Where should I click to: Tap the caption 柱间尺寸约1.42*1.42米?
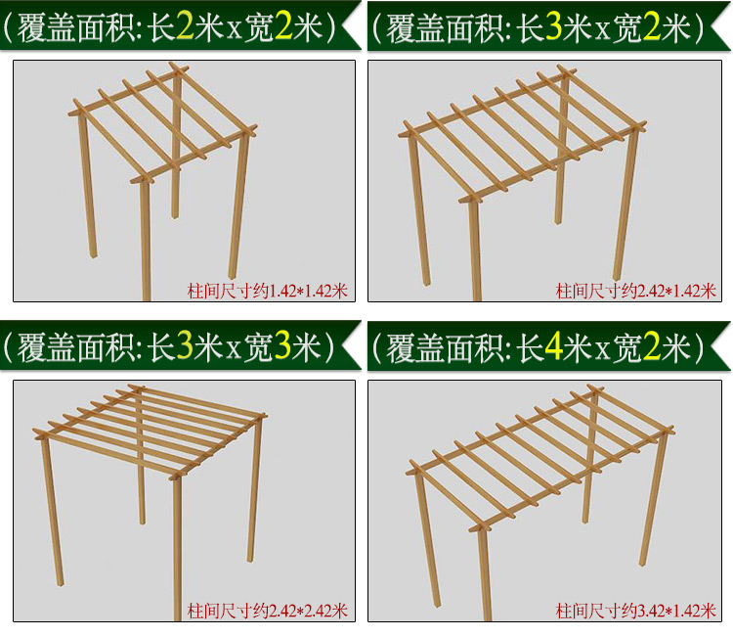[268, 292]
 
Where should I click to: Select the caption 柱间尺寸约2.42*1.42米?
[636, 292]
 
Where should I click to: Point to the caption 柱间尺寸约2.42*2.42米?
[268, 611]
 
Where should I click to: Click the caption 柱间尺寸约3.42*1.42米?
[636, 611]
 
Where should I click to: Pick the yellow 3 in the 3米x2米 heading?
[553, 27]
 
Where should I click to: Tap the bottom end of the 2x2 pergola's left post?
[94, 255]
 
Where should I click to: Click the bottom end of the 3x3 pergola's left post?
[61, 583]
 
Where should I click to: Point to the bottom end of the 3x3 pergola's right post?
[250, 560]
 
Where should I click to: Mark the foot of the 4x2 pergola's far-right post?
[644, 563]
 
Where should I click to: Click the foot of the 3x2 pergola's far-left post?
[426, 282]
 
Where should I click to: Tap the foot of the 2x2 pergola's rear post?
[175, 216]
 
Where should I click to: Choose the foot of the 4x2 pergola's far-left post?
[437, 605]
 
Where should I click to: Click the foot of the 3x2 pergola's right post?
[617, 278]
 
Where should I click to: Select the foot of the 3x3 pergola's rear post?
[142, 522]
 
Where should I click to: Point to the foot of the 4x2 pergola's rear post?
[585, 520]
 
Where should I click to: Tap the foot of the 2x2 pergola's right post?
[233, 276]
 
